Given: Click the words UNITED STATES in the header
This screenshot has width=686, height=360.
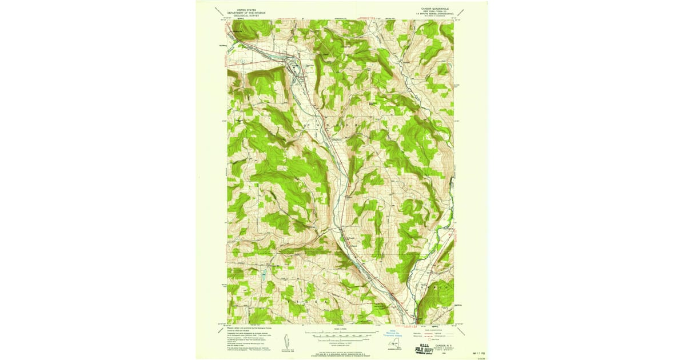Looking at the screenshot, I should (246, 9).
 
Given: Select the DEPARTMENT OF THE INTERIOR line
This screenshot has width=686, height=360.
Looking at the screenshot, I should (246, 11).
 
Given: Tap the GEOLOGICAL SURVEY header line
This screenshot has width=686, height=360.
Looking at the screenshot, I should (246, 14).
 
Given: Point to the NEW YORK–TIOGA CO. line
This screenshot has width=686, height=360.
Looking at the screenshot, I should (433, 11).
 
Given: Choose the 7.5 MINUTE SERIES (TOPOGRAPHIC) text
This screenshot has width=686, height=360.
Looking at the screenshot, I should (433, 14).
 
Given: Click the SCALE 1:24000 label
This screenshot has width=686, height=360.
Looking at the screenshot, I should (340, 329).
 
